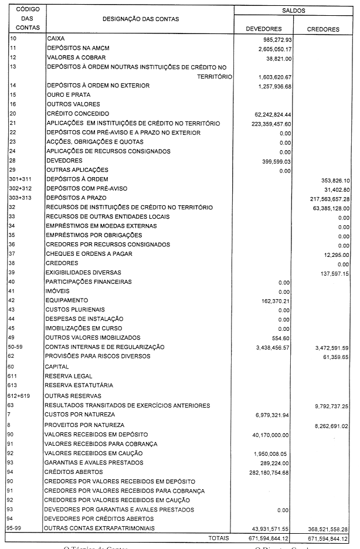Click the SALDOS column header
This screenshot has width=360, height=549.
pyautogui.click(x=293, y=11)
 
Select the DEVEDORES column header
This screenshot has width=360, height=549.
pyautogui.click(x=264, y=28)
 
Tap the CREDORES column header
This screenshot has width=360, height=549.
pyautogui.click(x=323, y=28)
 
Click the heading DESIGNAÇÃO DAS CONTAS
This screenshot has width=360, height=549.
pyautogui.click(x=140, y=19)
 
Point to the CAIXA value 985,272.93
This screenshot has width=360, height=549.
pyautogui.click(x=273, y=39)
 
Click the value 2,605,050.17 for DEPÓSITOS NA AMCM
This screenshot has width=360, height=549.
pyautogui.click(x=270, y=49)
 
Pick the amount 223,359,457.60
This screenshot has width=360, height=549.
pyautogui.click(x=267, y=123)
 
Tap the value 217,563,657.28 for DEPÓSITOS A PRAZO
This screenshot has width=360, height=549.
pyautogui.click(x=324, y=198)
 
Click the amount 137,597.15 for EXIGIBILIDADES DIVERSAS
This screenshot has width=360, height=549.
pyautogui.click(x=331, y=273)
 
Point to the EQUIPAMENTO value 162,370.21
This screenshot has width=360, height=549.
pyautogui.click(x=273, y=300)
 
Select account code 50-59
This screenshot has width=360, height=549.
pyautogui.click(x=16, y=347)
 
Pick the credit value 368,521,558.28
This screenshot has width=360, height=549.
pyautogui.click(x=324, y=528)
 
